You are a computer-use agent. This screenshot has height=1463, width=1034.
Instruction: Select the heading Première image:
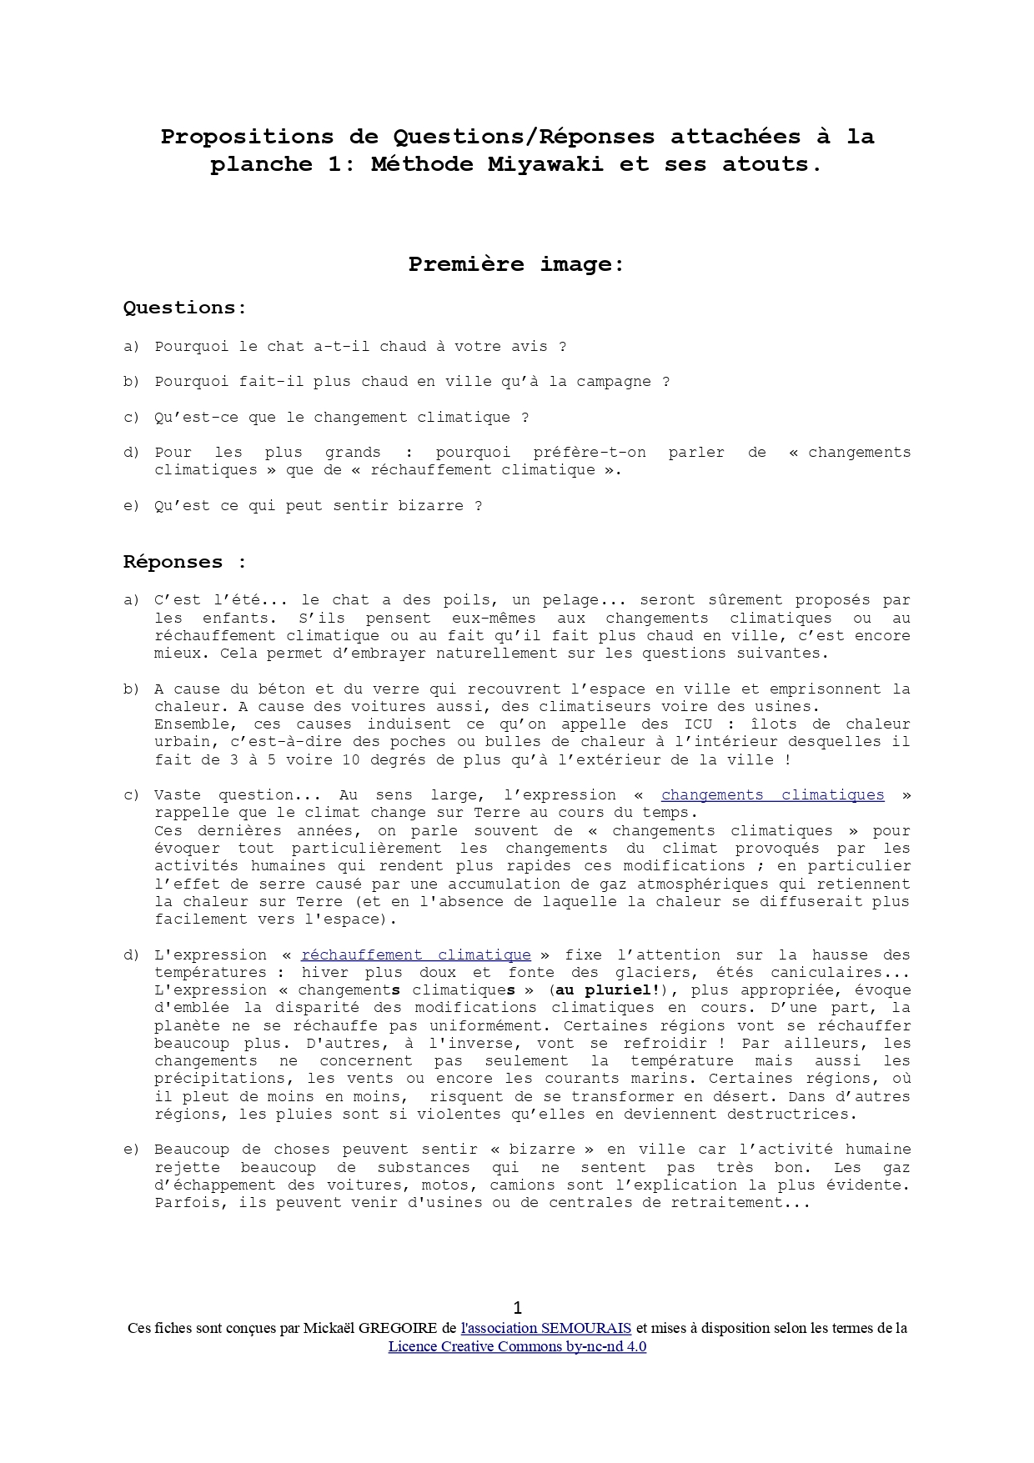[516, 264]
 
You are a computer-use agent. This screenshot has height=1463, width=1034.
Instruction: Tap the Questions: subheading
[185, 308]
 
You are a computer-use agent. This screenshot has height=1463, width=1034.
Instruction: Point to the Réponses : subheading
[185, 562]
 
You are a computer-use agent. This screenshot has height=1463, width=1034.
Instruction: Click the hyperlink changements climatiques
[772, 795]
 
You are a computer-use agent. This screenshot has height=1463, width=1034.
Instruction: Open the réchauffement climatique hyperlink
[415, 955]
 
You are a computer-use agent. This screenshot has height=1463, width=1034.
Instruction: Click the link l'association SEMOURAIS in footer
[545, 1328]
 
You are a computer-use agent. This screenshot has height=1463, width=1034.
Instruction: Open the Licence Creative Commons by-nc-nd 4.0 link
[517, 1346]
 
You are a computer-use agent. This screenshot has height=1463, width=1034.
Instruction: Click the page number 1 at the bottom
[517, 1308]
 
